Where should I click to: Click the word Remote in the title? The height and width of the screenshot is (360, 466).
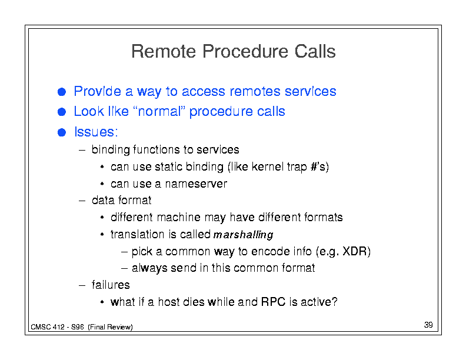[x=164, y=51]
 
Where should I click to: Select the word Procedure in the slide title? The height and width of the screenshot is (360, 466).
[x=245, y=51]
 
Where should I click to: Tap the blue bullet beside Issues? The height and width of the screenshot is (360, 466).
[x=62, y=132]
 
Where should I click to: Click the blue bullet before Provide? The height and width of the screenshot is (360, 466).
[x=62, y=92]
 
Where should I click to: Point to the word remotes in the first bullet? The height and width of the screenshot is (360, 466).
[x=255, y=92]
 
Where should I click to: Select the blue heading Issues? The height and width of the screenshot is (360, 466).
[x=96, y=132]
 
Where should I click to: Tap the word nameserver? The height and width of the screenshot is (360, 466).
[x=196, y=184]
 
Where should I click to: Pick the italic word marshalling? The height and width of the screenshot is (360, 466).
[x=244, y=235]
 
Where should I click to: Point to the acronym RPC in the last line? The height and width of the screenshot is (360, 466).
[x=273, y=302]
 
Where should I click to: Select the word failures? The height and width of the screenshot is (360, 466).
[x=111, y=285]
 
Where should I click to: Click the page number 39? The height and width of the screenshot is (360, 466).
[x=428, y=325]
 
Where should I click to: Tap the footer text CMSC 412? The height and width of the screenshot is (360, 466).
[x=48, y=327]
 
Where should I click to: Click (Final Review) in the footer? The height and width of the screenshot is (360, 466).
[x=110, y=327]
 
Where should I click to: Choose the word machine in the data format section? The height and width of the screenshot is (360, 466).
[x=179, y=218]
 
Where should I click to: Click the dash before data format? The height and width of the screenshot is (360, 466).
[x=82, y=201]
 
